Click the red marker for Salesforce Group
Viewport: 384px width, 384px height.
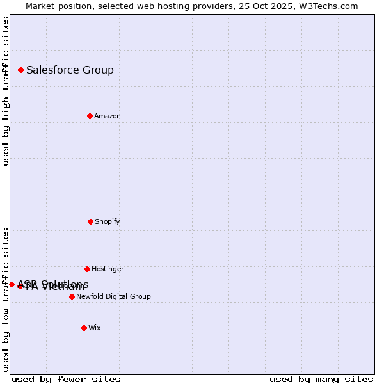click(x=20, y=70)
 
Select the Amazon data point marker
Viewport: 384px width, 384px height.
click(x=90, y=116)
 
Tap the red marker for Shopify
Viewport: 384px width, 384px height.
click(x=90, y=221)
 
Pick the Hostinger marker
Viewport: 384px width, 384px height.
click(x=87, y=269)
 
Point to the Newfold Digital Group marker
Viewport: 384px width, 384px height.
click(x=72, y=296)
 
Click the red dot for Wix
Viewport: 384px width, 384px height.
click(x=84, y=328)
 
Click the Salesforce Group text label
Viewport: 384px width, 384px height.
click(x=70, y=70)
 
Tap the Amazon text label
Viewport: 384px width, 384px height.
click(x=108, y=116)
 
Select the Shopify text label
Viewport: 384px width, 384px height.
click(x=108, y=221)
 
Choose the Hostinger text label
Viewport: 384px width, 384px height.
click(x=108, y=269)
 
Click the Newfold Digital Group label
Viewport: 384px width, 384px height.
click(x=113, y=296)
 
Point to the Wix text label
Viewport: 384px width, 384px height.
click(x=95, y=328)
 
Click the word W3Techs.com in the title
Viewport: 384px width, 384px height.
click(x=328, y=6)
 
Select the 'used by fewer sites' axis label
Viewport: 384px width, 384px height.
click(x=66, y=380)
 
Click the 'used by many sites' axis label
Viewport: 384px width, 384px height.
click(x=321, y=380)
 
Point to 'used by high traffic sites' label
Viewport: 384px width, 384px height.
click(x=6, y=91)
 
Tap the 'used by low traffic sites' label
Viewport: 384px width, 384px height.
click(x=6, y=300)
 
